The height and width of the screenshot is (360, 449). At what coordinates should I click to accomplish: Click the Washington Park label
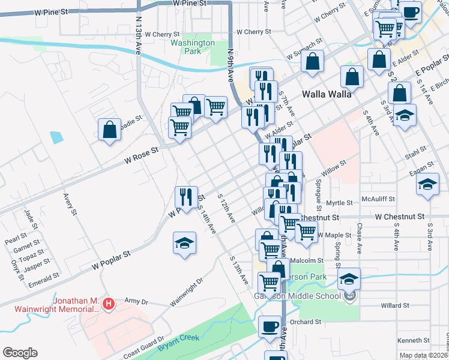192,47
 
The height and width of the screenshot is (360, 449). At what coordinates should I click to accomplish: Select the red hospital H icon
108,305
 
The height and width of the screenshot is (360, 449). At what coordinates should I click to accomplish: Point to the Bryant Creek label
178,342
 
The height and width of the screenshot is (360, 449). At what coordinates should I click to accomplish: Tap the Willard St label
394,305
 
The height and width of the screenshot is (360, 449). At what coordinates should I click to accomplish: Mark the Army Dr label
135,301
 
